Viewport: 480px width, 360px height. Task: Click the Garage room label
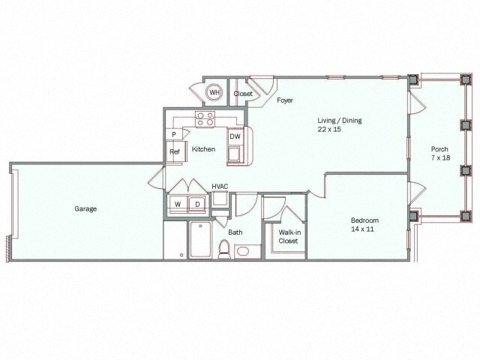[85, 208]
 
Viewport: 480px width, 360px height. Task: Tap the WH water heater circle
[214, 93]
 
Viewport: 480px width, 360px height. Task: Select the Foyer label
[285, 100]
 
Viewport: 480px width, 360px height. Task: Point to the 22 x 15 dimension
[328, 129]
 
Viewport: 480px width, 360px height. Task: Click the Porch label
[439, 148]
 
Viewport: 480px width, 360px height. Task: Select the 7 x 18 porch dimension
[439, 157]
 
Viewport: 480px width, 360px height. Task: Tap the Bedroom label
[365, 220]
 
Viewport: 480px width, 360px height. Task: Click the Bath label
[235, 232]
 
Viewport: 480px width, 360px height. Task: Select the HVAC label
[220, 186]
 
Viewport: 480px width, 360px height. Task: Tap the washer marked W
[178, 204]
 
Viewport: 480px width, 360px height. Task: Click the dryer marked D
[197, 204]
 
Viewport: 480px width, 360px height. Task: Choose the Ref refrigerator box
[175, 151]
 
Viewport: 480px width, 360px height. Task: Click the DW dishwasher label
[235, 136]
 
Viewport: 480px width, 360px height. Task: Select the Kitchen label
[203, 149]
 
